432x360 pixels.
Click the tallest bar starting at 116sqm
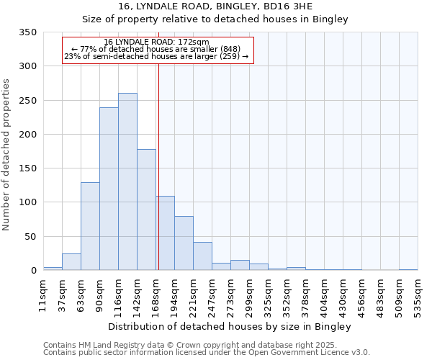pos(127,181)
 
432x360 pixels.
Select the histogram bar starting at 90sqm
pos(109,189)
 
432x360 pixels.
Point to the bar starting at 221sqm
pos(202,256)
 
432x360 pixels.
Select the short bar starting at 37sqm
pos(71,262)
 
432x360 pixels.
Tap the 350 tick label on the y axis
pos(27,32)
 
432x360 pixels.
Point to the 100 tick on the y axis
pos(27,202)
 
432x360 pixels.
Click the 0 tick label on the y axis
pos(33,271)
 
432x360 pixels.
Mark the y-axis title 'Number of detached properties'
pos(6,155)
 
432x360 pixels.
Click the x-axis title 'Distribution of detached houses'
pos(230,327)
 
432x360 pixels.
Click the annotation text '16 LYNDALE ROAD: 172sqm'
pos(156,42)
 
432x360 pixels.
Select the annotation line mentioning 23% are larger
pos(156,56)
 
